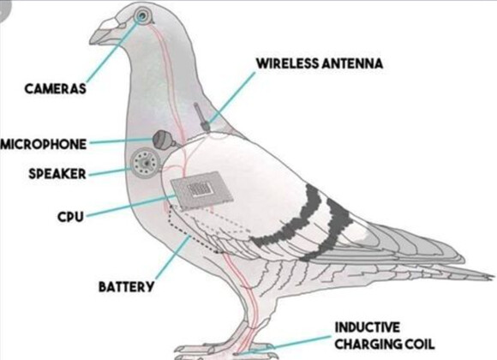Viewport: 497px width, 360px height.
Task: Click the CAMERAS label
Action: pyautogui.click(x=55, y=88)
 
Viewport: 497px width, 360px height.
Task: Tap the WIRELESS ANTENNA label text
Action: pyautogui.click(x=320, y=63)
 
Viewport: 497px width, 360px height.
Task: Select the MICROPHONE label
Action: pyautogui.click(x=44, y=144)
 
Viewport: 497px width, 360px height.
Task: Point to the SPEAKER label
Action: pyautogui.click(x=57, y=174)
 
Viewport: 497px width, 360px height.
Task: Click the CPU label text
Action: pyautogui.click(x=70, y=217)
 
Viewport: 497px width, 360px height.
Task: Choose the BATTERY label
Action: pyautogui.click(x=126, y=287)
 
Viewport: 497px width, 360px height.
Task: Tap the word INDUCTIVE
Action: pyautogui.click(x=368, y=327)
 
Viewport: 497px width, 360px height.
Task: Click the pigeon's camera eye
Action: pyautogui.click(x=141, y=15)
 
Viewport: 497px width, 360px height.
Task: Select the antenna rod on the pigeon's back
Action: pyautogui.click(x=201, y=117)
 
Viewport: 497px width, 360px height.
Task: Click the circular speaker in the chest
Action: pyautogui.click(x=145, y=163)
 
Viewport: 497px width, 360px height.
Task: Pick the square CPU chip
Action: pyautogui.click(x=201, y=191)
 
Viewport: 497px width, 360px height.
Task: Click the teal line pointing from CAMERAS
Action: pyautogui.click(x=113, y=50)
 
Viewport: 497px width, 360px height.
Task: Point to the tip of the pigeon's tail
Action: pyautogui.click(x=494, y=277)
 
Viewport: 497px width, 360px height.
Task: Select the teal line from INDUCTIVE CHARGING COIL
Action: pyautogui.click(x=287, y=344)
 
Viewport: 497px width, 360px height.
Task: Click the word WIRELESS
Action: pyautogui.click(x=287, y=63)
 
